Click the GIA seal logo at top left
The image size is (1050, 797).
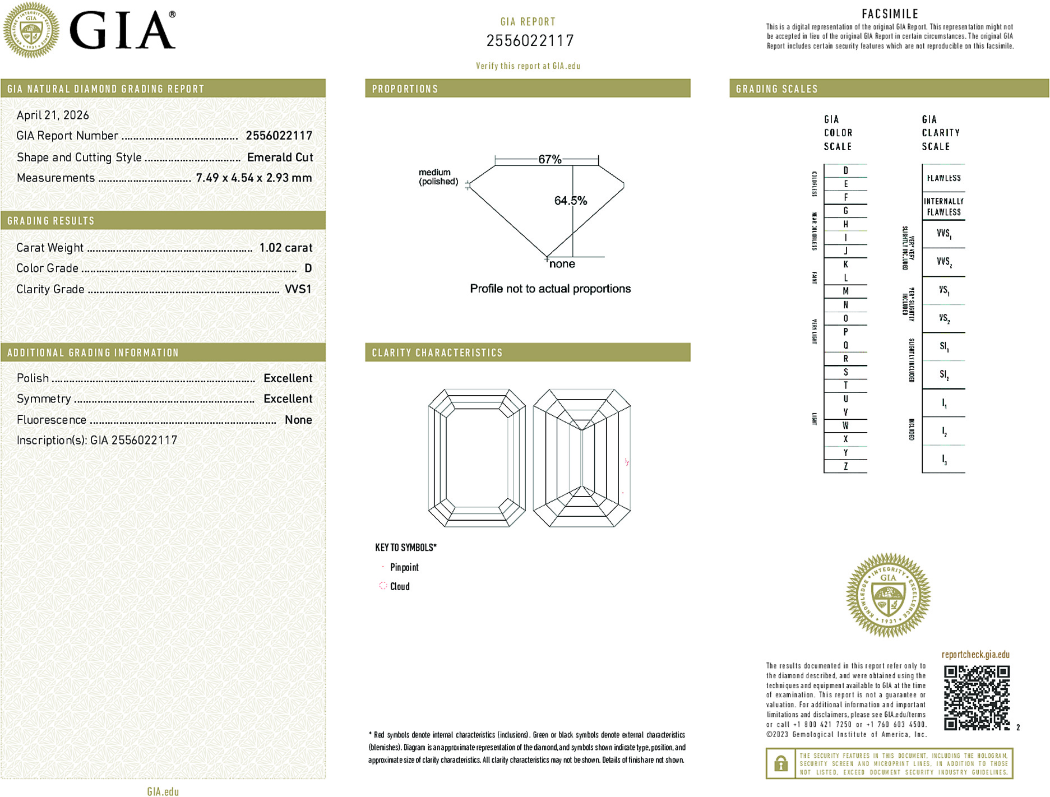(x=31, y=30)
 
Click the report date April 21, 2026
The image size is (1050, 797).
(x=53, y=115)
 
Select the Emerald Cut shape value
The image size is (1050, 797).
(x=280, y=157)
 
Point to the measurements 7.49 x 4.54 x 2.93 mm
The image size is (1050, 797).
(x=253, y=178)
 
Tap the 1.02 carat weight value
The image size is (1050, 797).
(x=285, y=248)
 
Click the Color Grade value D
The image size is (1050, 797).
(x=308, y=268)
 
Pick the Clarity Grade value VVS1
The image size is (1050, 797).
(x=298, y=289)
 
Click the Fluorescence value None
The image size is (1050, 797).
(x=298, y=420)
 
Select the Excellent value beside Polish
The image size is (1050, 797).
(x=288, y=378)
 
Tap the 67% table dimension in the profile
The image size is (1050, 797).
(x=549, y=159)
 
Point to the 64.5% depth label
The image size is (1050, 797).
(x=570, y=201)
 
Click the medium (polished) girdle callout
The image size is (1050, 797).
(x=438, y=177)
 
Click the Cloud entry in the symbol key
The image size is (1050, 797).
(x=399, y=586)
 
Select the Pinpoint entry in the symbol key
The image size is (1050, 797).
(x=404, y=567)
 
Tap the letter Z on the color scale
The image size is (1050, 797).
(x=845, y=466)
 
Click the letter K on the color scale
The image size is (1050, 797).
(x=845, y=265)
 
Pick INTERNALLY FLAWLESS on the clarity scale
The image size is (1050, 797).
(x=943, y=206)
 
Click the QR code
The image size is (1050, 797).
(x=976, y=697)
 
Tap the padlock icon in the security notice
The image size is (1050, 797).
(x=780, y=763)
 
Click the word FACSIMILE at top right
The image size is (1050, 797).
(x=890, y=14)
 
